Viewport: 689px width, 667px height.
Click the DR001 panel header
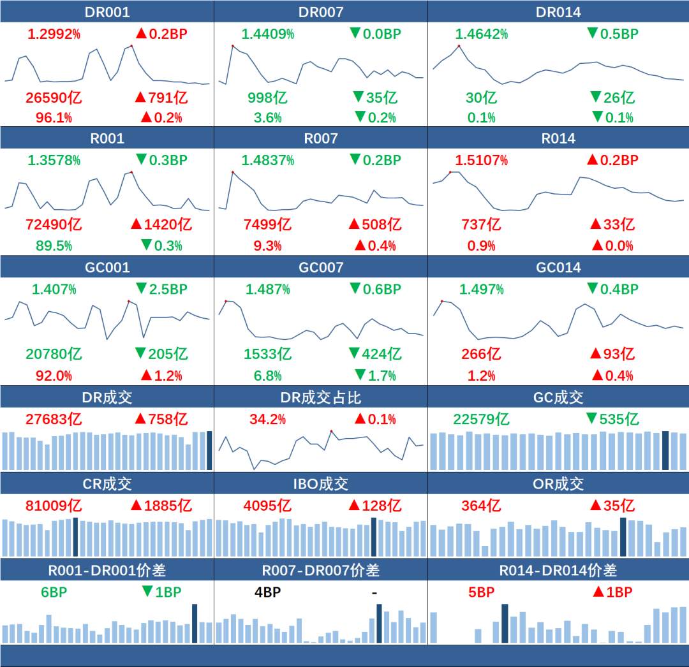tap(107, 12)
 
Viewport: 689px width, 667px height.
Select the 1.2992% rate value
tap(54, 34)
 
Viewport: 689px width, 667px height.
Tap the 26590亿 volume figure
tap(54, 98)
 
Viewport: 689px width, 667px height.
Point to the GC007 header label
tap(321, 267)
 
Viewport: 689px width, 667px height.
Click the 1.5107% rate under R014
tap(481, 160)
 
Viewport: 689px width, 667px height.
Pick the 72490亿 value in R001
tap(54, 224)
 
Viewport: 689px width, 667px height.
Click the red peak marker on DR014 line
tap(459, 46)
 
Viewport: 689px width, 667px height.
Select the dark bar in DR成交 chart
tap(210, 451)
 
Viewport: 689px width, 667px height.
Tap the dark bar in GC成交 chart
tap(665, 451)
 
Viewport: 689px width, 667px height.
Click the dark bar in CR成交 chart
tap(75, 537)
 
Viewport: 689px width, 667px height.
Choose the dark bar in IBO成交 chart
tap(374, 537)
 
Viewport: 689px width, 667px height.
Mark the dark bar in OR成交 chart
tap(623, 537)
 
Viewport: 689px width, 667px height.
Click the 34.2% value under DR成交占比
tap(267, 419)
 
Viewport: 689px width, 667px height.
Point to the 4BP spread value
tap(267, 592)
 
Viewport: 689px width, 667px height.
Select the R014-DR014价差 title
tap(558, 570)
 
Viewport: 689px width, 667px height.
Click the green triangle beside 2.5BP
tap(141, 288)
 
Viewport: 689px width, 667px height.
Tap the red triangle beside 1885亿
tap(136, 505)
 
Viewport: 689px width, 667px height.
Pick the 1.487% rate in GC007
tap(267, 289)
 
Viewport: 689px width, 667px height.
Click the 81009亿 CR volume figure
tap(54, 506)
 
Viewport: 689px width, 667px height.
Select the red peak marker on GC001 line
tap(128, 301)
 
